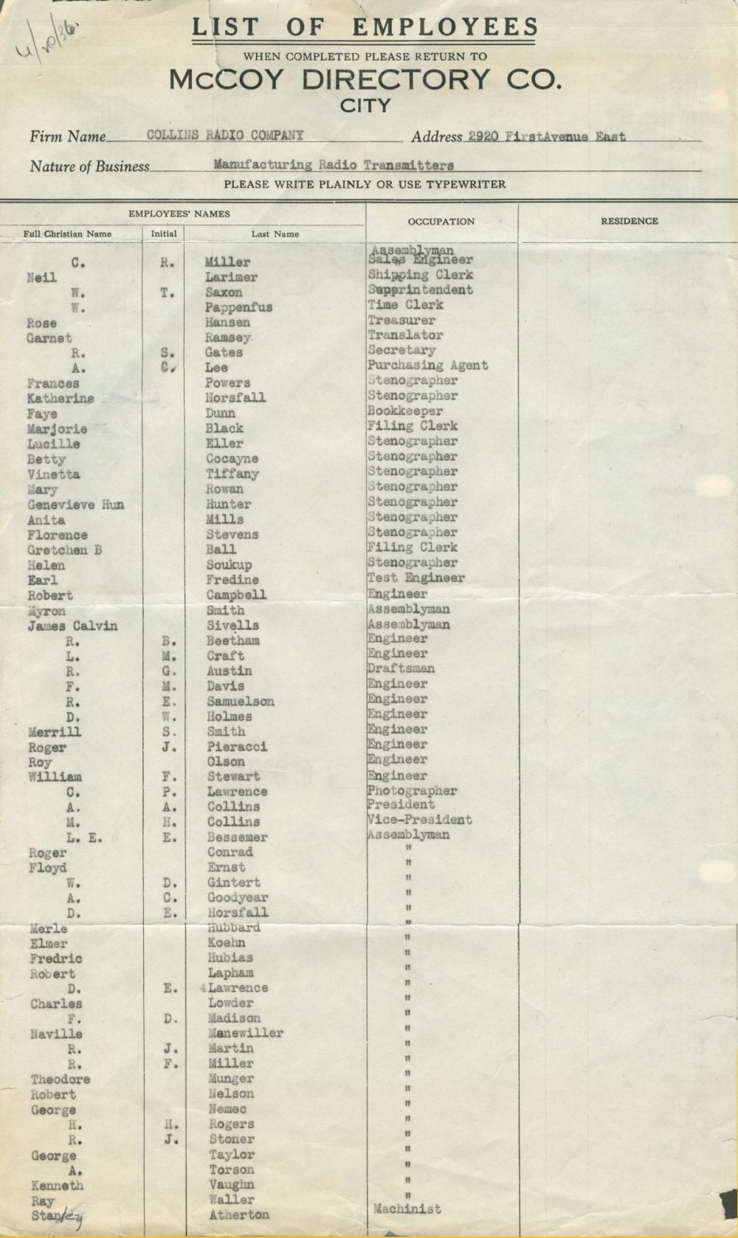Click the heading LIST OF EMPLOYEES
[365, 28]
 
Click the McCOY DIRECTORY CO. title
[365, 79]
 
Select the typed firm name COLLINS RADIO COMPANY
[225, 135]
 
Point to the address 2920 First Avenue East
[546, 137]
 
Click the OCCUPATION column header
[441, 221]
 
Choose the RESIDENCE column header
[629, 221]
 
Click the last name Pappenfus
[238, 307]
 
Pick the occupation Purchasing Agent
[427, 365]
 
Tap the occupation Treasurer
[401, 321]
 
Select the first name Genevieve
[61, 505]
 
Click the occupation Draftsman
[401, 668]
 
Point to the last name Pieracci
[236, 747]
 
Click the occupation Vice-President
[418, 820]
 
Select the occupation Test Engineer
[415, 578]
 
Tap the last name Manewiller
[245, 1033]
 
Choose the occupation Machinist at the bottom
[407, 1209]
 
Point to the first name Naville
[56, 1034]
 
